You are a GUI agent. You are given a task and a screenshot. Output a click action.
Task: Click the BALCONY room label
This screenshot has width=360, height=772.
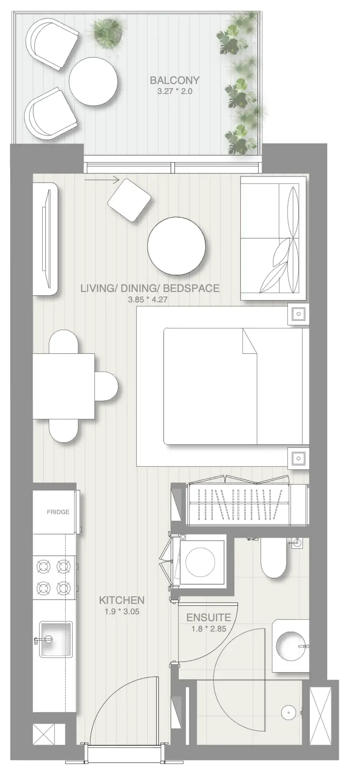click(x=175, y=80)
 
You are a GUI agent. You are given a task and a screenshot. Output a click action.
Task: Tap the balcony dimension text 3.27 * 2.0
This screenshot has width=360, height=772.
click(x=175, y=91)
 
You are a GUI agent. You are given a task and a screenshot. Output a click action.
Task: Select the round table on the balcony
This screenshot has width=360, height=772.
click(x=93, y=81)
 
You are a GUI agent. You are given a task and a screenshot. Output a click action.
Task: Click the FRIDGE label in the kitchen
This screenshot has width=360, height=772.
click(x=58, y=512)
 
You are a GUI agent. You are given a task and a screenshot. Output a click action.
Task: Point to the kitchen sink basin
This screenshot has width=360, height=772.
click(x=56, y=639)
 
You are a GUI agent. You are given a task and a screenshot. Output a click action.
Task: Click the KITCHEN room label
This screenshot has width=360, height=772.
click(x=122, y=600)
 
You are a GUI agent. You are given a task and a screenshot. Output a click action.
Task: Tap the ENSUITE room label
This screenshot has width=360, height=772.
click(x=208, y=618)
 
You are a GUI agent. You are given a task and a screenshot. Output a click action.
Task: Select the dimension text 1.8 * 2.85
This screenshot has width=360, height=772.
click(x=208, y=629)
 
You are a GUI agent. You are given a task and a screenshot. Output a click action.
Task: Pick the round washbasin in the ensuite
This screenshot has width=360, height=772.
click(x=291, y=646)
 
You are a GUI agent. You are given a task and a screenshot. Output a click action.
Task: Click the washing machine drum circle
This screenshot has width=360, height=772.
click(x=200, y=562)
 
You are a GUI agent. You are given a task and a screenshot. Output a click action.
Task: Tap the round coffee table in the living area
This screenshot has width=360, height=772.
click(x=177, y=246)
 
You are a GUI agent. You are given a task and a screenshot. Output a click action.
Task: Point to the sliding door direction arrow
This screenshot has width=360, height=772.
click(x=102, y=179)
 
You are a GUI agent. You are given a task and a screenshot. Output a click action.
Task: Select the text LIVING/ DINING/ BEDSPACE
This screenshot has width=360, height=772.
click(x=150, y=288)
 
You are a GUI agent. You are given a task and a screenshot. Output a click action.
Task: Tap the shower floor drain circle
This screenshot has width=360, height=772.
click(x=288, y=712)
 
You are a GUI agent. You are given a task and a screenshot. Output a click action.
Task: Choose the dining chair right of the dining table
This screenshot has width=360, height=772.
click(x=107, y=386)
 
